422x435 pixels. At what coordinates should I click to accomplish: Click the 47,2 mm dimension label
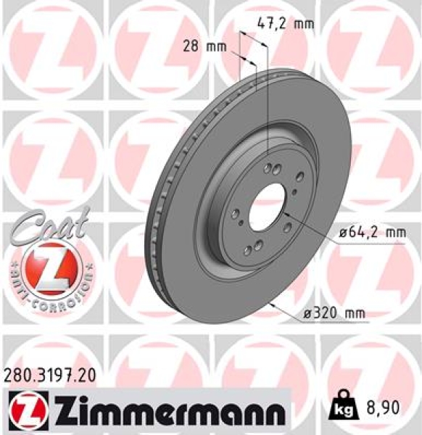pos(286,24)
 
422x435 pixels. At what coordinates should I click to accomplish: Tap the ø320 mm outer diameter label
pos(334,313)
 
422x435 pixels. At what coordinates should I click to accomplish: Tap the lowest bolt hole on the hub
pos(249,250)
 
